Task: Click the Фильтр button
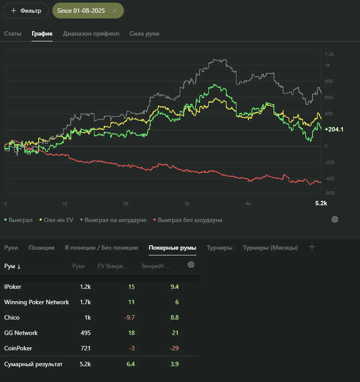26,10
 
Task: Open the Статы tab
13,34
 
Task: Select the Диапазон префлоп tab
91,34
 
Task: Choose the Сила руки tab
145,34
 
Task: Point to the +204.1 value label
334,129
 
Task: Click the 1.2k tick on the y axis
329,55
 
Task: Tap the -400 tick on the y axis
329,178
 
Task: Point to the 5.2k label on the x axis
321,204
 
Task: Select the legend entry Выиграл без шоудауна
188,220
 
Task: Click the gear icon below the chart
335,219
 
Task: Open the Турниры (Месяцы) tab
271,248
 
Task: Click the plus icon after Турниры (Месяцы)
312,247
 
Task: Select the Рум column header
12,266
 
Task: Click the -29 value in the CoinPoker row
175,348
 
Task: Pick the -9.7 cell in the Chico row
129,317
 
